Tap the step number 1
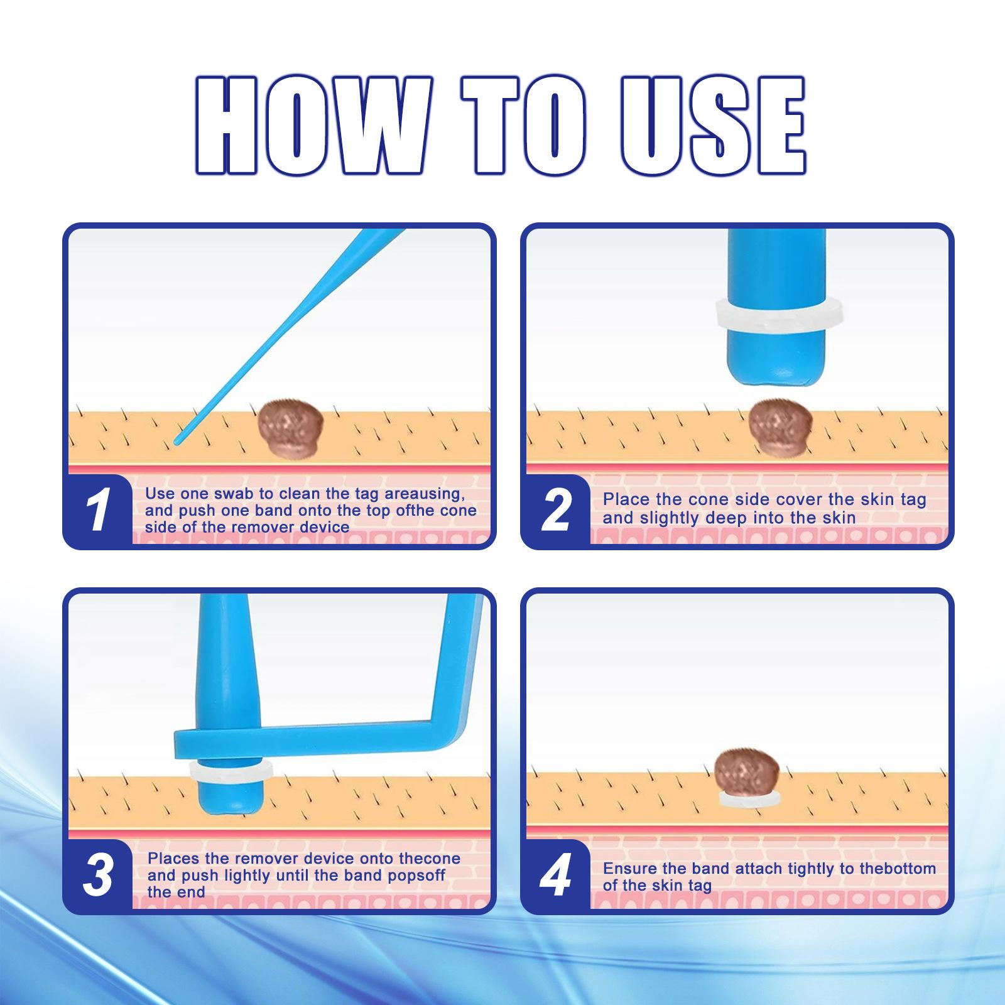coord(98,510)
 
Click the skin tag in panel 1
coord(291,428)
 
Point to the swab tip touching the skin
coord(177,442)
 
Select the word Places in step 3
coord(174,859)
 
